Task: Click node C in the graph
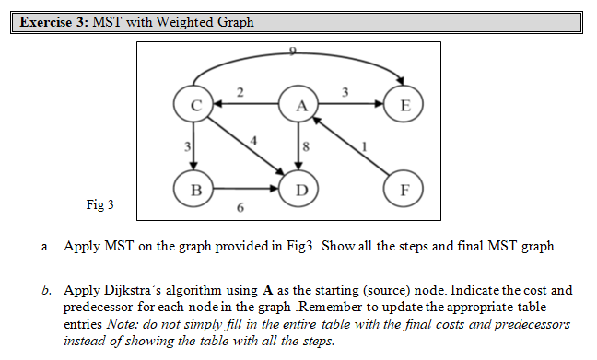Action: pos(194,104)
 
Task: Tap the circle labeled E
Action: pos(404,104)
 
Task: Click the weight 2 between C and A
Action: pos(240,91)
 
